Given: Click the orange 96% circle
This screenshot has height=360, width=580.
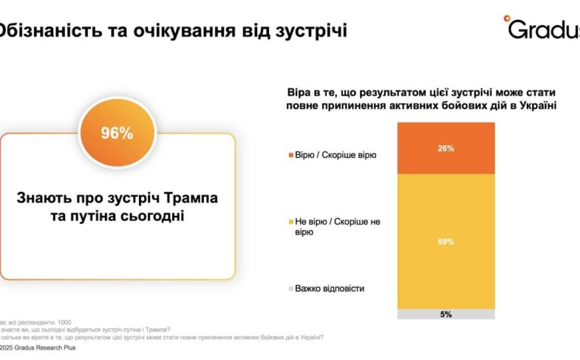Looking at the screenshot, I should click(x=117, y=133).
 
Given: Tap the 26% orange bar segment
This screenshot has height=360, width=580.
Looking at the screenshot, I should click(x=446, y=148).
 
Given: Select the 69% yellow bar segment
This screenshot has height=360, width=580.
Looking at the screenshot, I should click(x=446, y=241).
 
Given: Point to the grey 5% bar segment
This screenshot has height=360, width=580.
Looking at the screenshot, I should click(x=446, y=314).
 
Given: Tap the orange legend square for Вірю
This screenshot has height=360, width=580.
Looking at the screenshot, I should click(x=290, y=155).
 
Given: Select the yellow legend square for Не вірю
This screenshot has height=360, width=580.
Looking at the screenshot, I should click(x=290, y=221).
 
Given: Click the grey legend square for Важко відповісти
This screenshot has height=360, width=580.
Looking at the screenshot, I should click(x=290, y=288).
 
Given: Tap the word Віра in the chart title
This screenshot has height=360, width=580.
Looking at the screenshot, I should click(x=299, y=92).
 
